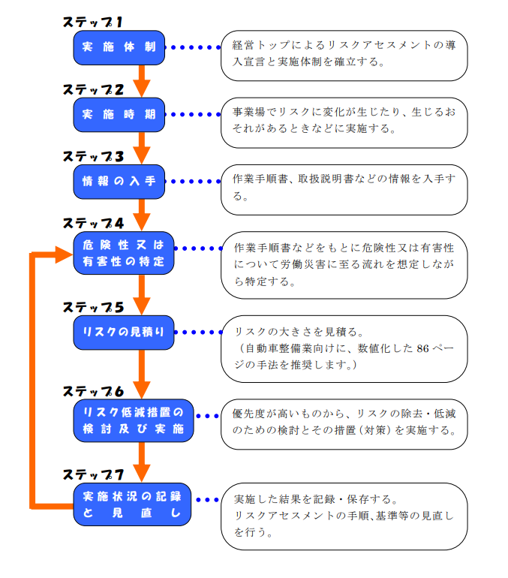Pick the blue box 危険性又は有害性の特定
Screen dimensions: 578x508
pos(123,253)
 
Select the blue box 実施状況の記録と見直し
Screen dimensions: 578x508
pos(133,504)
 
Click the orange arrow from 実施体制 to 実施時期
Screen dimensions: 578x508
pos(141,79)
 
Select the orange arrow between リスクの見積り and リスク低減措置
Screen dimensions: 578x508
pos(141,373)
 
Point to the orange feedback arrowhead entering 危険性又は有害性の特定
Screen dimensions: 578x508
pos(63,254)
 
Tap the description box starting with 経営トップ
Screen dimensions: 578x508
pos(344,55)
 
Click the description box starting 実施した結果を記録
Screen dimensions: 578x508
pos(344,516)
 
